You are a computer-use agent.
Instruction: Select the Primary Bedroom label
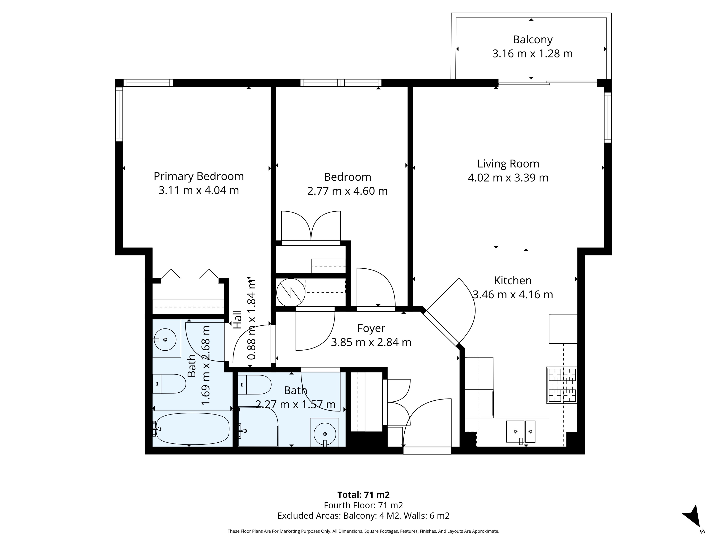(x=198, y=176)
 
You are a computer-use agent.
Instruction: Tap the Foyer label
(x=371, y=328)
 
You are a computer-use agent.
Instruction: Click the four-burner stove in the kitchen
(x=562, y=385)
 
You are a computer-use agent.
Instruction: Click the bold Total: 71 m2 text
(x=363, y=495)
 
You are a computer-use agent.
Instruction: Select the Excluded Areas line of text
(x=363, y=516)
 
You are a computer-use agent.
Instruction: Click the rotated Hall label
(x=237, y=319)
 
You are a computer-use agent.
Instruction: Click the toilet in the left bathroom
(x=169, y=383)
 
